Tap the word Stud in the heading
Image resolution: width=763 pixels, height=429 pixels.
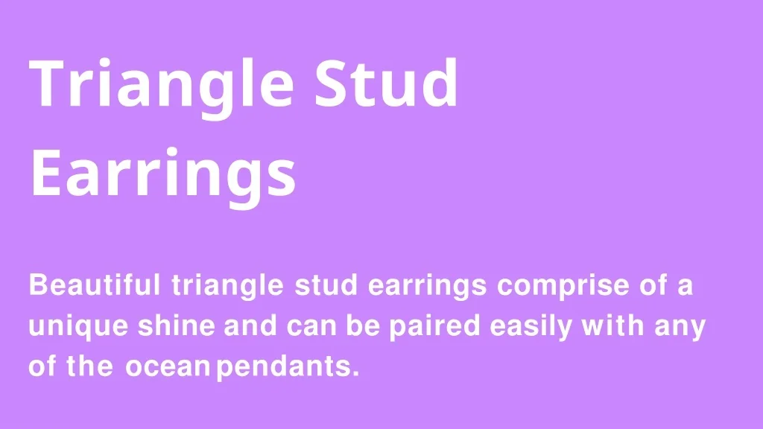pyautogui.click(x=387, y=83)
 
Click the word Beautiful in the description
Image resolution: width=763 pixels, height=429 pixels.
pyautogui.click(x=95, y=285)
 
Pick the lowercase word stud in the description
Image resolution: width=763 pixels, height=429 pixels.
pyautogui.click(x=326, y=285)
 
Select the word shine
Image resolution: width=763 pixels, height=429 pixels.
pyautogui.click(x=176, y=325)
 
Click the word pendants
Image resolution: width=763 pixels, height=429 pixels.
pyautogui.click(x=282, y=367)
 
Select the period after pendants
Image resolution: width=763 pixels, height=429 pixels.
pyautogui.click(x=355, y=375)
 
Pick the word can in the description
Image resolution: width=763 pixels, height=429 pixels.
pyautogui.click(x=312, y=328)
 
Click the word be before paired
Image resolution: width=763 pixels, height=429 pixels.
pyautogui.click(x=363, y=325)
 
